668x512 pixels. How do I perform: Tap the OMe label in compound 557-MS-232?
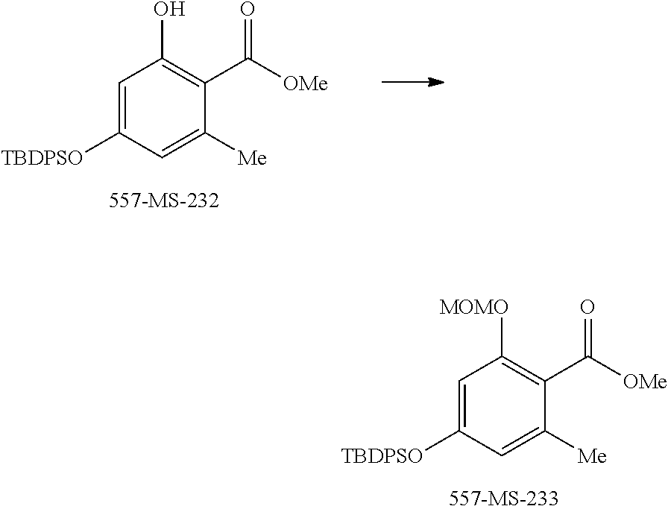[306, 83]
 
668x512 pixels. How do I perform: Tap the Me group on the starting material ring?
[250, 157]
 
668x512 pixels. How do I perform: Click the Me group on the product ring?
[592, 455]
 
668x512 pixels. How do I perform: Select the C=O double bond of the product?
[588, 336]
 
